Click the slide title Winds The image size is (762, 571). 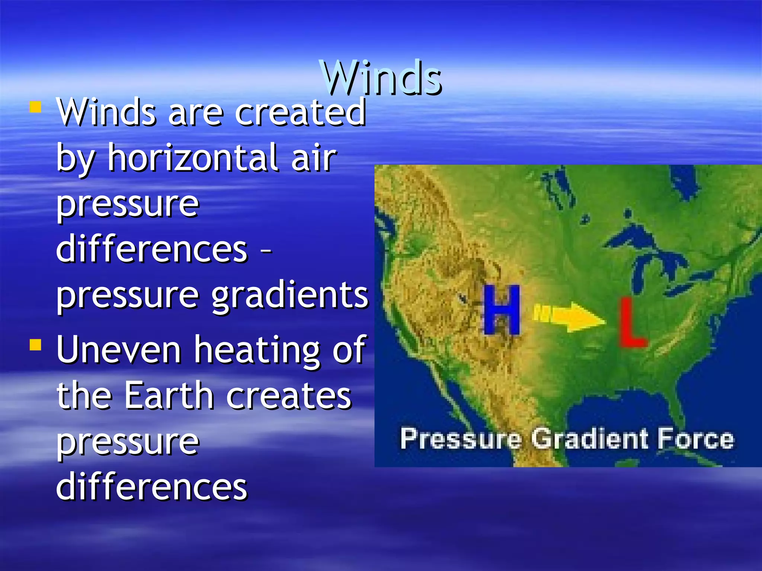[382, 78]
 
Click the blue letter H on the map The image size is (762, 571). [502, 310]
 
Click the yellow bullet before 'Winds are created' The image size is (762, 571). [36, 107]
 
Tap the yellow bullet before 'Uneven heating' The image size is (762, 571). [36, 345]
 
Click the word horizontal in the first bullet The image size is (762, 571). [193, 158]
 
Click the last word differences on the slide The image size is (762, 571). [151, 487]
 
